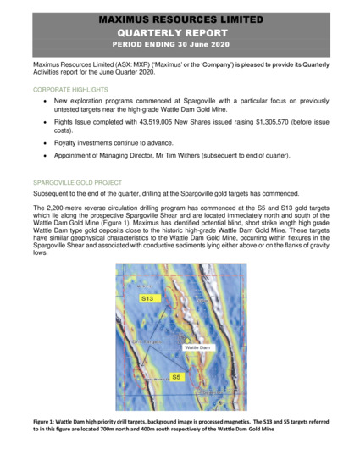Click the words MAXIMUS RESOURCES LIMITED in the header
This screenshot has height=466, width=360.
click(179, 18)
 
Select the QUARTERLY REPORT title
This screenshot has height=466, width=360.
click(179, 31)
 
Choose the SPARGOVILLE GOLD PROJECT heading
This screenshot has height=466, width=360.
click(77, 182)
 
